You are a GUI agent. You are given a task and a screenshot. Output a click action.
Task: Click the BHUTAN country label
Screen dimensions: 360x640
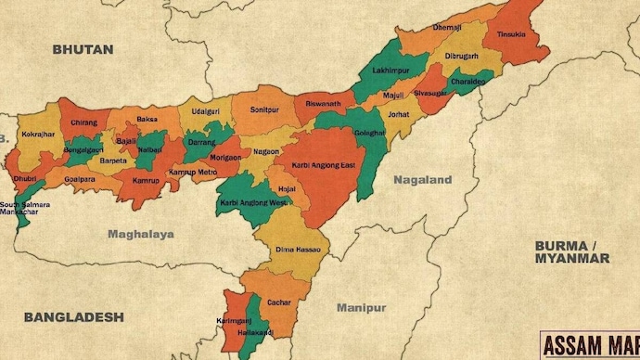coord(83,48)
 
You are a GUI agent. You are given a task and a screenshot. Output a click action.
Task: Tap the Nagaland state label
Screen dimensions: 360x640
coord(422,179)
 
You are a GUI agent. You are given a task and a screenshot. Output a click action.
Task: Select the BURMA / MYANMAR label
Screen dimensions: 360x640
coord(571,251)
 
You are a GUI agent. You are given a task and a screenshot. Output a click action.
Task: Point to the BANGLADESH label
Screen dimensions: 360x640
coord(73,316)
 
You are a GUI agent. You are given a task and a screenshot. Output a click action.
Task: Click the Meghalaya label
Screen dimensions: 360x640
coord(140,234)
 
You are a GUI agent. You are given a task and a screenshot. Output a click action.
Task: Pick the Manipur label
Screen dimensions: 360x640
coord(361,307)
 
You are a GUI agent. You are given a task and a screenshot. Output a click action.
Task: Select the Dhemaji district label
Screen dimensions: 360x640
coord(446,28)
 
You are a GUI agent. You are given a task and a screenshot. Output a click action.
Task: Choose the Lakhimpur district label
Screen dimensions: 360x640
coord(391,71)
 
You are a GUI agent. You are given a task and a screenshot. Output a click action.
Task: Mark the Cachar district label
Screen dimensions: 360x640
coord(279,302)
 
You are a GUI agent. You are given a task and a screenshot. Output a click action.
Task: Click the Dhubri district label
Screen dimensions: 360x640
coord(25,176)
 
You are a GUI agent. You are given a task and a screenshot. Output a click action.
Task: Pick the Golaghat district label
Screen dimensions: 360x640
coord(369,133)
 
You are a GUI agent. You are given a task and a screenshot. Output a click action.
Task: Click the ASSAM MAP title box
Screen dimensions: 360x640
coord(590,345)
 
